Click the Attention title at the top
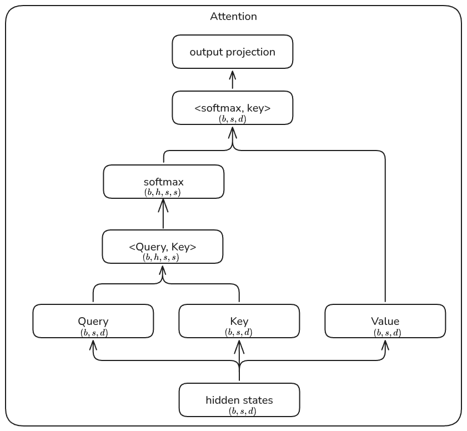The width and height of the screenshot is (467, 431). click(x=233, y=17)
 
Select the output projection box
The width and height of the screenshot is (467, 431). click(x=232, y=52)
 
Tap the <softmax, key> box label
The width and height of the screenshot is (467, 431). click(x=232, y=108)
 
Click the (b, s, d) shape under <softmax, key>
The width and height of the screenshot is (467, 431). click(x=232, y=119)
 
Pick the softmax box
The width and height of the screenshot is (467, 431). click(x=163, y=182)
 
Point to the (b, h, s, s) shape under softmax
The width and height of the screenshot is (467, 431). click(x=162, y=193)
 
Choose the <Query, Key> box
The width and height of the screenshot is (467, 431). click(x=162, y=247)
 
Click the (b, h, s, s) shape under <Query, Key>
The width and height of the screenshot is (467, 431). click(x=161, y=258)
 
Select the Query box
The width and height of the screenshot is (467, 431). click(x=93, y=321)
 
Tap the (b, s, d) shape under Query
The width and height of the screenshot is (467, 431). click(x=93, y=333)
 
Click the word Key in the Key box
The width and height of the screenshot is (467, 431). click(x=239, y=322)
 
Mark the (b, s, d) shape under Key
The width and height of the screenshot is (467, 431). click(x=239, y=333)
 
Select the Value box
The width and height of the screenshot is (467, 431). click(x=385, y=321)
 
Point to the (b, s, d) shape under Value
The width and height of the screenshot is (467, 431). click(x=387, y=333)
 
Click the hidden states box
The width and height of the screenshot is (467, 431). click(x=239, y=400)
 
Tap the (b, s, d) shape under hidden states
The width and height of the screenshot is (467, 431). click(x=243, y=412)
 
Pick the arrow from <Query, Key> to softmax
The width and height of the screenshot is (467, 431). click(x=163, y=214)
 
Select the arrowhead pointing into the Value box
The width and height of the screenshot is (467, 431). click(x=385, y=344)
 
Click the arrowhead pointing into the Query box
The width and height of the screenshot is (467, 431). click(x=93, y=344)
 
